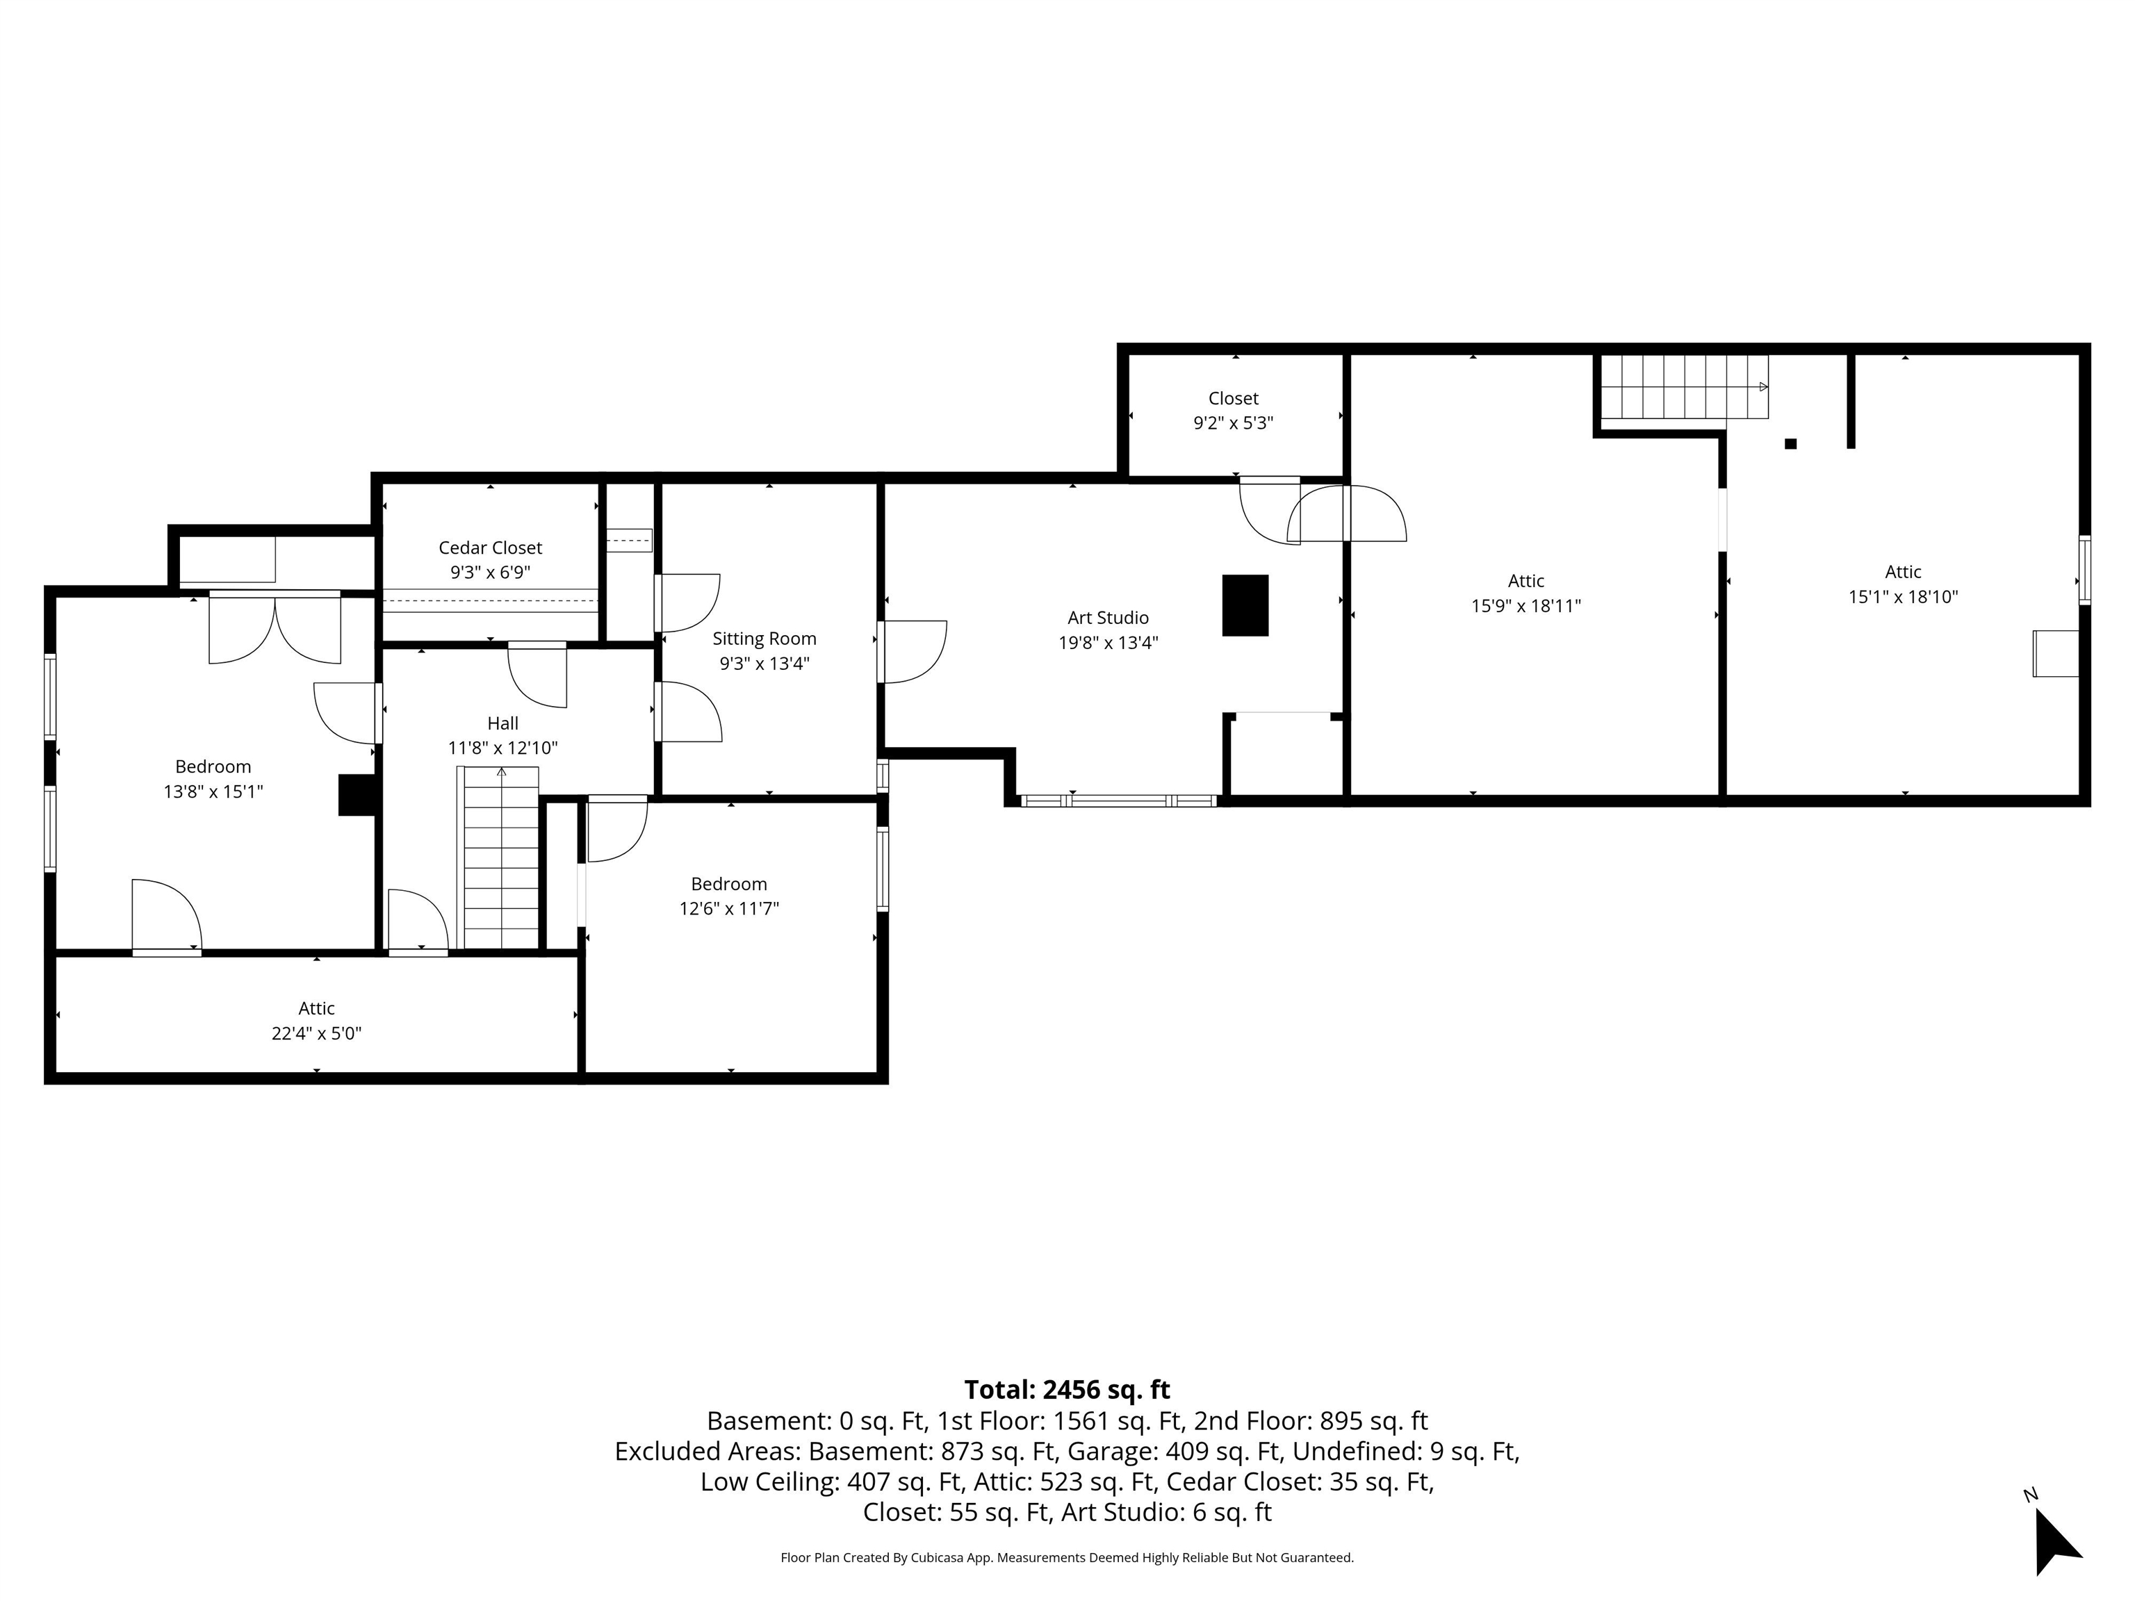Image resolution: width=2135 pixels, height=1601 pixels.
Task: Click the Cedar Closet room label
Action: [x=491, y=548]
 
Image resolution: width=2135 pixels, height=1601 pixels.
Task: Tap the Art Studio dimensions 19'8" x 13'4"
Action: [x=1108, y=643]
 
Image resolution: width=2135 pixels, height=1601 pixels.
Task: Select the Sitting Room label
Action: [x=764, y=639]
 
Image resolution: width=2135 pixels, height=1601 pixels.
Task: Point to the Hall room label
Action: [x=503, y=724]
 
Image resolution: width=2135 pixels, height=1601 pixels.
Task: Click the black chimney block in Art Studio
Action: [x=1245, y=605]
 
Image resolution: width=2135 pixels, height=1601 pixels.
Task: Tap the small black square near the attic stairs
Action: [x=1790, y=444]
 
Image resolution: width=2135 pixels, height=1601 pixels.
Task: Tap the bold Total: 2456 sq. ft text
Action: [x=1067, y=1390]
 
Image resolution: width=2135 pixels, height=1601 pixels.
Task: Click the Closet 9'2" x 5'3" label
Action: [x=1234, y=410]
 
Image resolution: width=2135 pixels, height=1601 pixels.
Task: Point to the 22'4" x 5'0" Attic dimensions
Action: [x=317, y=1033]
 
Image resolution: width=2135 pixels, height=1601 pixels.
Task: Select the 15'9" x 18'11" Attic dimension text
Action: [x=1526, y=606]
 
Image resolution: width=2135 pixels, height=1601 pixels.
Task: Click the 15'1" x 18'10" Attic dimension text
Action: [x=1904, y=596]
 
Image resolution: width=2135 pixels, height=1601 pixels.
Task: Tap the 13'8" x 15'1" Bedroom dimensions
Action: [x=213, y=791]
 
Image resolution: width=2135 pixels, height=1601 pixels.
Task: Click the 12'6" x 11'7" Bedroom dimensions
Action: [x=729, y=908]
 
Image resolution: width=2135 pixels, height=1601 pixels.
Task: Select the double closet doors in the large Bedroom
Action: [x=275, y=627]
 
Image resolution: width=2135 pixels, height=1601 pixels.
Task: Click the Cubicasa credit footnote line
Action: [x=1067, y=1558]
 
